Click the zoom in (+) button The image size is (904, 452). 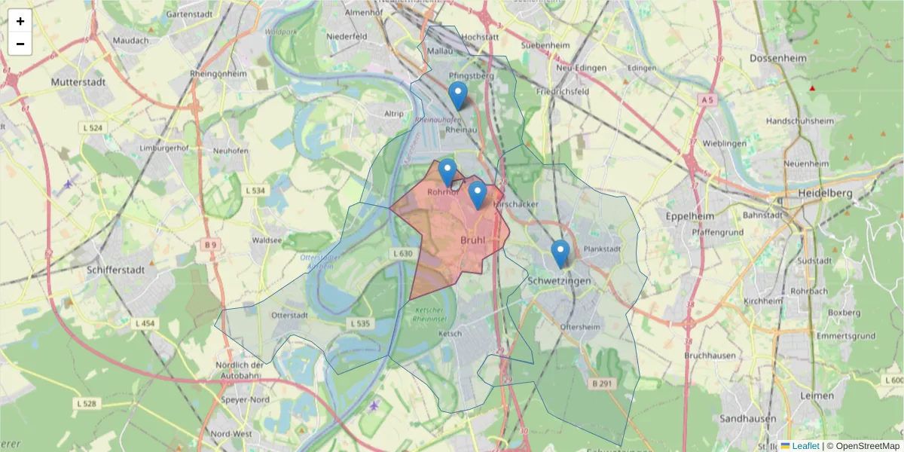pos(20,22)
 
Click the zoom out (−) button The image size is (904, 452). pos(20,44)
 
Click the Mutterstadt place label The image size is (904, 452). pos(77,81)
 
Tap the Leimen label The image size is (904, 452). pos(818,395)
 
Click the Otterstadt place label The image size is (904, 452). pos(289,316)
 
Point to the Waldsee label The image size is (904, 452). pos(267,240)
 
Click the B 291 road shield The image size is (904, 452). pos(600,383)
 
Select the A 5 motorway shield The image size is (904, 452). pos(706,99)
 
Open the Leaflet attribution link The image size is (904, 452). pos(805,446)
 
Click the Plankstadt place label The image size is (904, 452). pos(600,249)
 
